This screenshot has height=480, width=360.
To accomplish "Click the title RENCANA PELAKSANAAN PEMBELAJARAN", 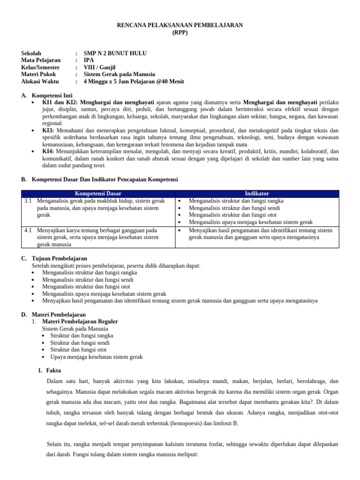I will coord(180,25).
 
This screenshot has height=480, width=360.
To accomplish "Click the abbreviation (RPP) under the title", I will coord(180,32).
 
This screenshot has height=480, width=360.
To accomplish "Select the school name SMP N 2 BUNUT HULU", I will coord(115,53).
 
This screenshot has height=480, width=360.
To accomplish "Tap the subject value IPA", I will coord(89,60).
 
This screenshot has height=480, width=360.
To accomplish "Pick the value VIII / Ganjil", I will coord(99,67).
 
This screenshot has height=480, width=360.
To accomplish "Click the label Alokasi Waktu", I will coord(40,82).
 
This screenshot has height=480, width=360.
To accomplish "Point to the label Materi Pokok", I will coord(39,75).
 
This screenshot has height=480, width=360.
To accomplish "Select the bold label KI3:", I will coord(48,130).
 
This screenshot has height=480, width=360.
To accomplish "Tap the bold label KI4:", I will coord(48,151).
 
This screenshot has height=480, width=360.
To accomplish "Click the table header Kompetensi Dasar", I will coord(98,194).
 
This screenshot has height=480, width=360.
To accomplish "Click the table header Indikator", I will coord(257,194).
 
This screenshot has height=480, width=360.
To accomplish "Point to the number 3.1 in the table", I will coord(28,201).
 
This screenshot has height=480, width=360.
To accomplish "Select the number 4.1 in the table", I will coord(28,230).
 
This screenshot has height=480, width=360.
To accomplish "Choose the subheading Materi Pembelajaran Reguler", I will coord(80,322).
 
